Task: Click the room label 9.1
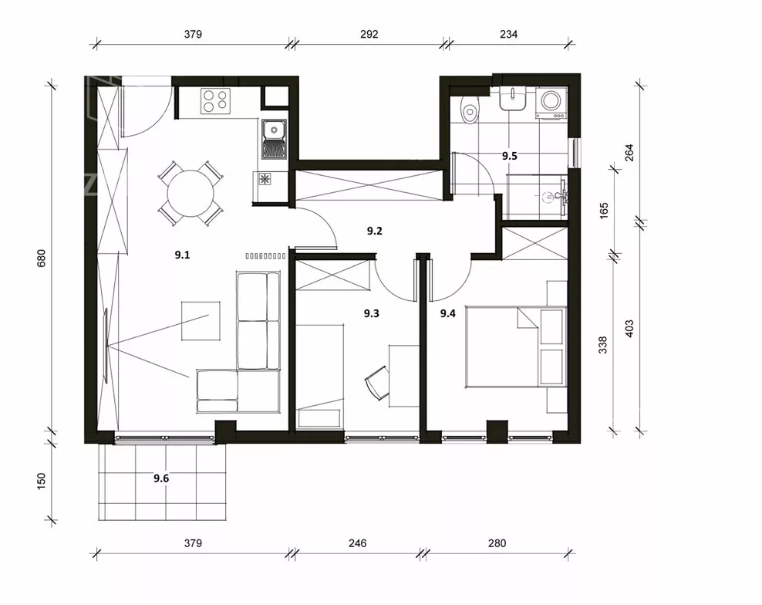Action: (x=182, y=255)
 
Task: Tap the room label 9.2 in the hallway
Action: (x=374, y=231)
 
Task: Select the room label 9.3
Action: (x=371, y=313)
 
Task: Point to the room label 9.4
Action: (x=447, y=313)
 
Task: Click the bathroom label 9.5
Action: (x=509, y=156)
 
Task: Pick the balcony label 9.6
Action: (x=161, y=478)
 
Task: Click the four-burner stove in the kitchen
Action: (x=215, y=101)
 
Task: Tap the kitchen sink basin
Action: (x=274, y=130)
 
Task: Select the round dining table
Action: (x=190, y=193)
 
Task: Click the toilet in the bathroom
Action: (x=470, y=109)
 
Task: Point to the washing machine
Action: (x=551, y=103)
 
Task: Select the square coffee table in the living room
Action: (x=201, y=320)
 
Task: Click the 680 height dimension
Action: (x=41, y=258)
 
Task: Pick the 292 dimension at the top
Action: (x=369, y=34)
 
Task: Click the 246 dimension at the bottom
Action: (x=357, y=542)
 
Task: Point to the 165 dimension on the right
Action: (x=604, y=211)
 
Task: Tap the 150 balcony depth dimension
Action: (x=41, y=481)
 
